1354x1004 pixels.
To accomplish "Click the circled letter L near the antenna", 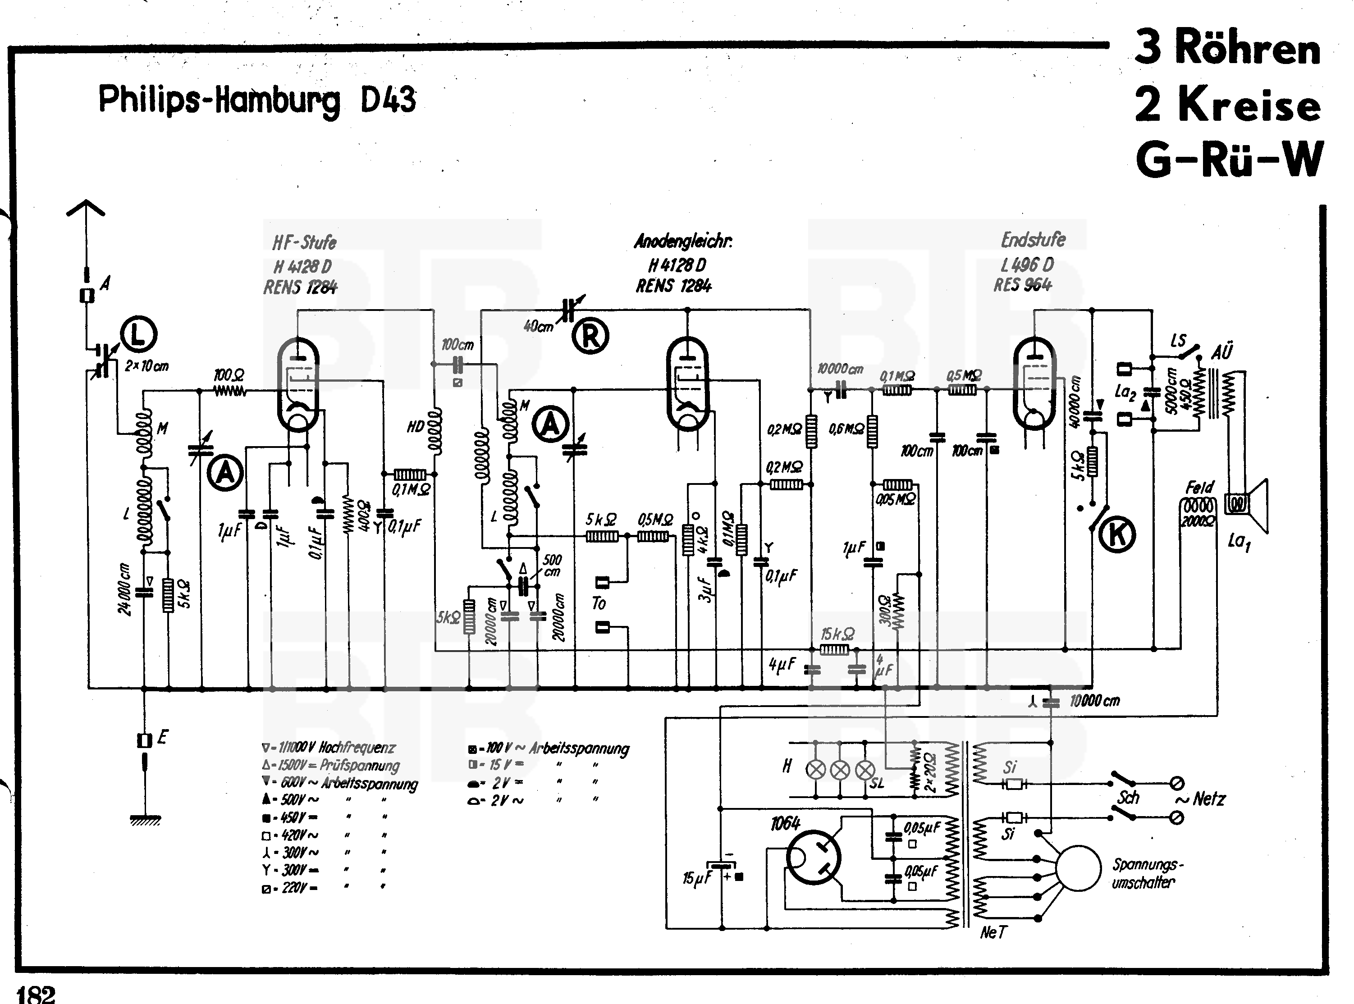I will [x=138, y=334].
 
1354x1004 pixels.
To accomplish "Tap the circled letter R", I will [x=590, y=336].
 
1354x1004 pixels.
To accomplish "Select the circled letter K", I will [x=1117, y=535].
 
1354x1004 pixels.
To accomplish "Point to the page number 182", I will [x=37, y=994].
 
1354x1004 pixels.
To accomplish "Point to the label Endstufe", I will [x=1033, y=240].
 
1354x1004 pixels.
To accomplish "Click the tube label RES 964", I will [x=1023, y=284].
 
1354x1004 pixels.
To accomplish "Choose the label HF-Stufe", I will [x=304, y=242].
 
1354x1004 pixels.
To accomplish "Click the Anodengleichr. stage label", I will [x=683, y=241].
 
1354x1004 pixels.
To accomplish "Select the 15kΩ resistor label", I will [x=837, y=634].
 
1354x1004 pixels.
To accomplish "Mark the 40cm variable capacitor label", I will [x=539, y=326].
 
